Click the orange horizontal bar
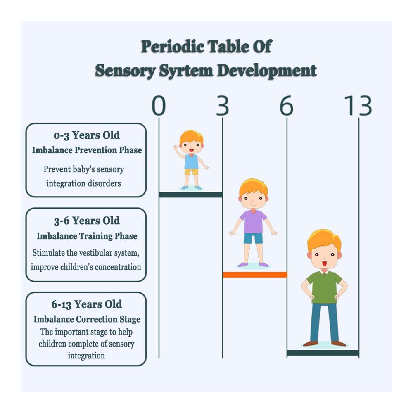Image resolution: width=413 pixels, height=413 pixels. [x=255, y=275]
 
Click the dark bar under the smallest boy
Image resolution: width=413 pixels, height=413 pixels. [x=191, y=195]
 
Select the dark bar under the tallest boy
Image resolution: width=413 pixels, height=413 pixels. [x=323, y=353]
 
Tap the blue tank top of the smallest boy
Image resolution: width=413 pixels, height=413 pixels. [x=191, y=162]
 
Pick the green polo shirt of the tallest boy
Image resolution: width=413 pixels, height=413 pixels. [x=324, y=287]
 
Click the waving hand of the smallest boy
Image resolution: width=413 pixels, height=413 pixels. [x=176, y=147]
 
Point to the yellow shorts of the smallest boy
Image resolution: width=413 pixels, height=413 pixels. [x=191, y=172]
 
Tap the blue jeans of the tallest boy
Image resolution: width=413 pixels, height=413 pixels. [x=324, y=322]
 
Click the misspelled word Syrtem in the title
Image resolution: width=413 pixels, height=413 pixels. [x=186, y=71]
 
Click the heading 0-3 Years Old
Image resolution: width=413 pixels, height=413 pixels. [x=87, y=135]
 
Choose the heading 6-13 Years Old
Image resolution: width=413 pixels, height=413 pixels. [x=87, y=304]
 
